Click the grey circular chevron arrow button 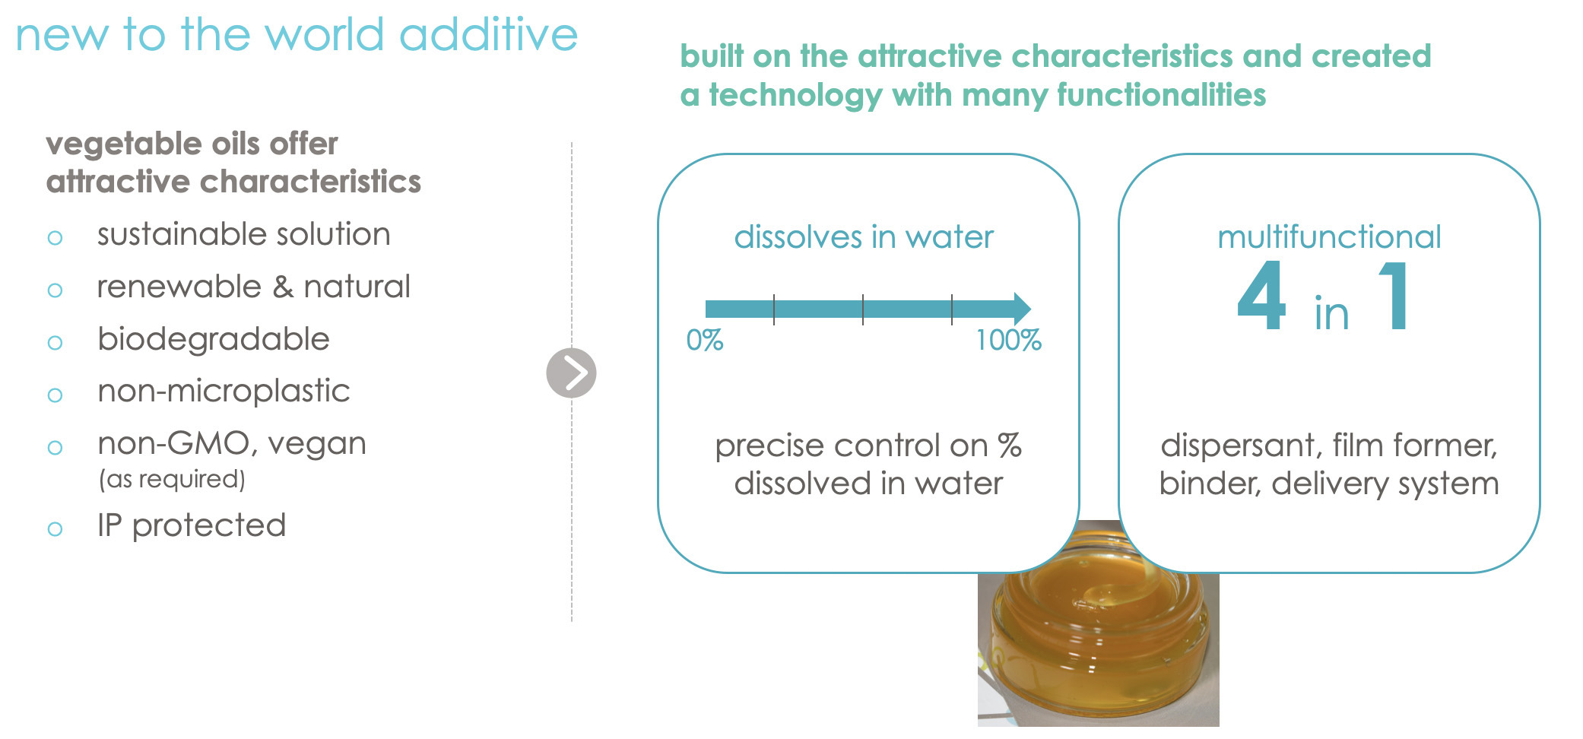571,373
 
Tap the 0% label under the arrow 704,340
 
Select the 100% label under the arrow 1008,340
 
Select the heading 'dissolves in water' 864,237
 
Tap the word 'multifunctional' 1329,237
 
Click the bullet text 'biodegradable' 214,339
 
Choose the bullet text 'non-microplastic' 224,391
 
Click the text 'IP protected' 192,525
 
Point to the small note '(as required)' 172,479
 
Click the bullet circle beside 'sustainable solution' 55,238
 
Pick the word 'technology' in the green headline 795,96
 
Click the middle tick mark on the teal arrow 863,309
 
